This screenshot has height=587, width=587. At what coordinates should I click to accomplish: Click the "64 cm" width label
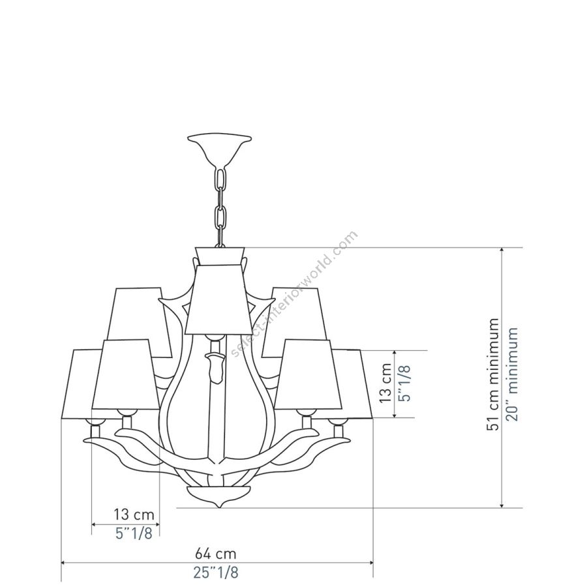[x=216, y=552]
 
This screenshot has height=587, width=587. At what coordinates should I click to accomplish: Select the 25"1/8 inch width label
[x=216, y=572]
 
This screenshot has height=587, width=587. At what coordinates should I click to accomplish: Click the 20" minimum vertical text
[x=511, y=374]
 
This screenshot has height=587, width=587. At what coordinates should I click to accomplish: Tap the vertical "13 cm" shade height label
[x=386, y=383]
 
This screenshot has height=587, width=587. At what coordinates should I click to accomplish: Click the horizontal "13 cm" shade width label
[x=134, y=515]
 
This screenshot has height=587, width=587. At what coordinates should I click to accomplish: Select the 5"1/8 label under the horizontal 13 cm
[x=134, y=533]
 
